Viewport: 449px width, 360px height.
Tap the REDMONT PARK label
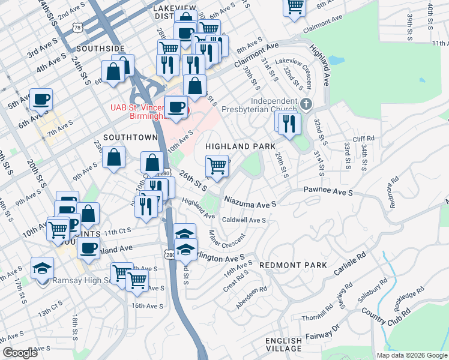(x=293, y=265)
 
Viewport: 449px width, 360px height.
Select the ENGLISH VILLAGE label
(x=284, y=344)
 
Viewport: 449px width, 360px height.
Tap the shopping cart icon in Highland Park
(x=217, y=164)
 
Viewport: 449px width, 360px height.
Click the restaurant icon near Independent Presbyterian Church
(x=291, y=123)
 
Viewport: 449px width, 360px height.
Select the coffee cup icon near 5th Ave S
(x=41, y=99)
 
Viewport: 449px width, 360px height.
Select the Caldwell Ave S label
(x=244, y=220)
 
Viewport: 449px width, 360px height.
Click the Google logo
(x=20, y=353)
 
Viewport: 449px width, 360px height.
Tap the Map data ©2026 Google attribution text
(x=411, y=355)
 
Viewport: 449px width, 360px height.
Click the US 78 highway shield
(x=76, y=27)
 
